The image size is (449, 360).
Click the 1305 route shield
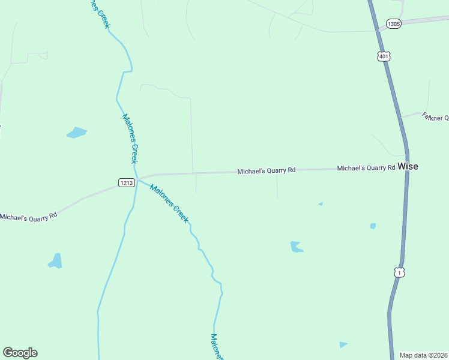[394, 24]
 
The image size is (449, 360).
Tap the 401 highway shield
[384, 56]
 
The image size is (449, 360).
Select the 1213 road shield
[126, 183]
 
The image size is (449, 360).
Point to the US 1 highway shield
[399, 272]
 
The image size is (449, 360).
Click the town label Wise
[408, 167]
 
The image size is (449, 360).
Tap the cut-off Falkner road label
[435, 117]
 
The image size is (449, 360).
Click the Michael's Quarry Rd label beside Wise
[366, 169]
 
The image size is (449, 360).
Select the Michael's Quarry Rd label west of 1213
[28, 216]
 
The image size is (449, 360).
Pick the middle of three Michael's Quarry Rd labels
[266, 171]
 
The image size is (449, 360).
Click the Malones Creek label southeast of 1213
[169, 203]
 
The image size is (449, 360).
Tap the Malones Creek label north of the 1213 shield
[130, 138]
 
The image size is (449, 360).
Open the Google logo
[20, 353]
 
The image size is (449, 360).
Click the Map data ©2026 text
[424, 355]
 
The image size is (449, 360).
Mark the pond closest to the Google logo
[55, 261]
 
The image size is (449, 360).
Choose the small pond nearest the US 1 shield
[373, 226]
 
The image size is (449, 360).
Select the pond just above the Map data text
[343, 344]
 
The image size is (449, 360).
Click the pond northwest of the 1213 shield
[76, 133]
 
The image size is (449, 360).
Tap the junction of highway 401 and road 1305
[377, 28]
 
